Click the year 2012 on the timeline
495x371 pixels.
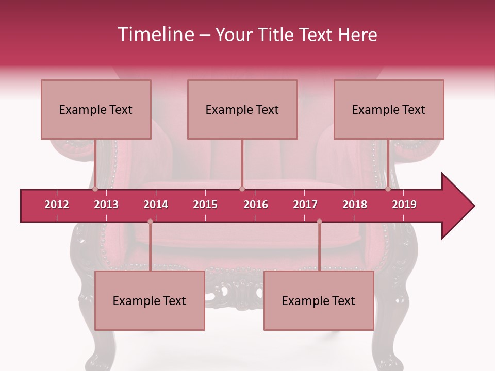(57, 205)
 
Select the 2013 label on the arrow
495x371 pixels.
(106, 205)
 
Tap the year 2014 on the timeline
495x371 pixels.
(156, 205)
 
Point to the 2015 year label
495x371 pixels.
(205, 205)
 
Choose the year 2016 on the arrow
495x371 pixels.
(256, 205)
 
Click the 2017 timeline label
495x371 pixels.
(305, 205)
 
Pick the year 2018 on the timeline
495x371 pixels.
(355, 205)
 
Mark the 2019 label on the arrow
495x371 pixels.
(404, 205)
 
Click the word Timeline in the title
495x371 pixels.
(155, 35)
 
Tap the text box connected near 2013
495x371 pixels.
(96, 109)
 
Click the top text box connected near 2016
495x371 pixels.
(242, 109)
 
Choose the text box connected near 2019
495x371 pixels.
(389, 109)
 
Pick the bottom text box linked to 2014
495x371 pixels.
(150, 300)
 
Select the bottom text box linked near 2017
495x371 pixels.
(319, 300)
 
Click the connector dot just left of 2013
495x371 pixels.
(95, 189)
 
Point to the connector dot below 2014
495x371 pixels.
(150, 222)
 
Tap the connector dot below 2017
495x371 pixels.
(319, 222)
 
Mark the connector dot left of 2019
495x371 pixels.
(388, 189)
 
